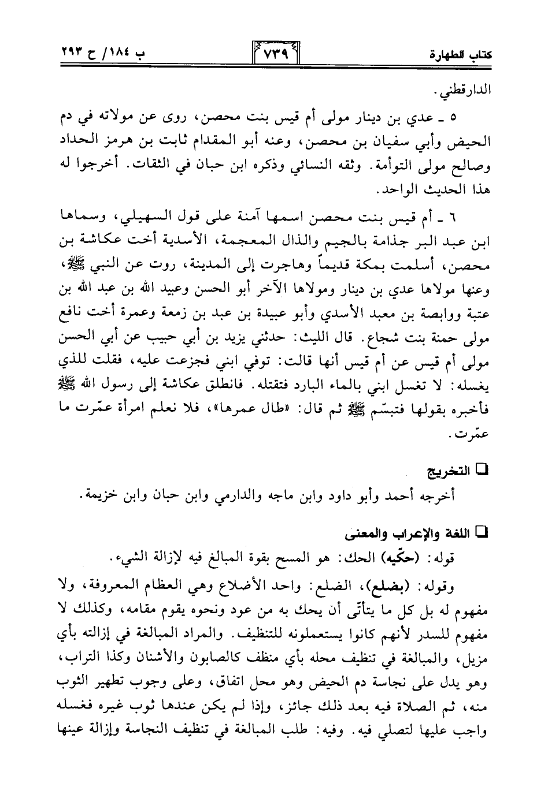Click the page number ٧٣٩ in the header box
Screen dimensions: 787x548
273,56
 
